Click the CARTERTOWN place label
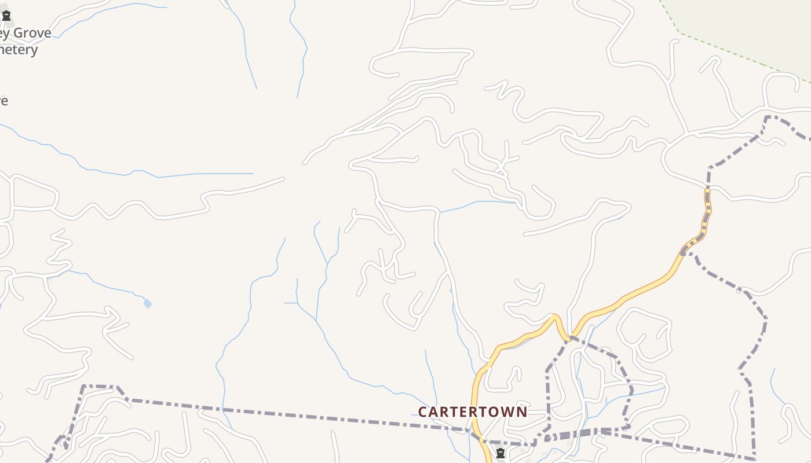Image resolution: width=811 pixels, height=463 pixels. pyautogui.click(x=473, y=411)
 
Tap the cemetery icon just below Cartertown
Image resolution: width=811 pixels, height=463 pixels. pyautogui.click(x=501, y=453)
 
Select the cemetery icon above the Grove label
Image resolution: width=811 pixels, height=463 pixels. pyautogui.click(x=6, y=16)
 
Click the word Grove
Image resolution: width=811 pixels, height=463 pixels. pyautogui.click(x=32, y=33)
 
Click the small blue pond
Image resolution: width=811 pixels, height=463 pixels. pyautogui.click(x=147, y=303)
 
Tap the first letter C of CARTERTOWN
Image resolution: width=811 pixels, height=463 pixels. pyautogui.click(x=423, y=411)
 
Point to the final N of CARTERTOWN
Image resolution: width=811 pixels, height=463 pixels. pyautogui.click(x=522, y=411)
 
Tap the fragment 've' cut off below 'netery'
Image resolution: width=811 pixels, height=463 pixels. pyautogui.click(x=3, y=101)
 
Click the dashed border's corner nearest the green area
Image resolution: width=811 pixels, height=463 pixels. pyautogui.click(x=768, y=117)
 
